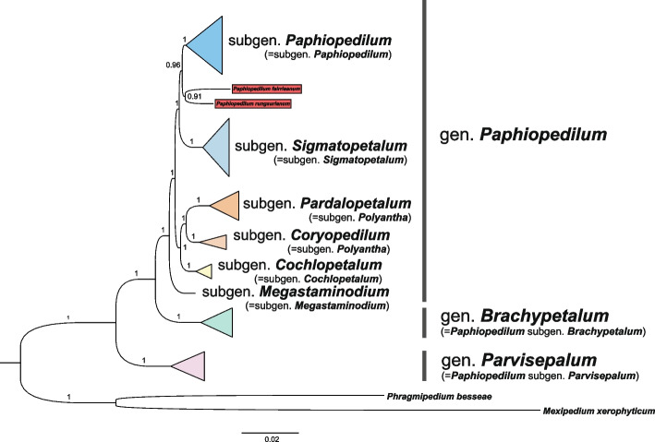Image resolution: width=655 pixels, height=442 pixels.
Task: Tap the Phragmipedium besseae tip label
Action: click(427, 395)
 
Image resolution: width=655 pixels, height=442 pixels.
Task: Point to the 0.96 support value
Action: click(172, 65)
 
